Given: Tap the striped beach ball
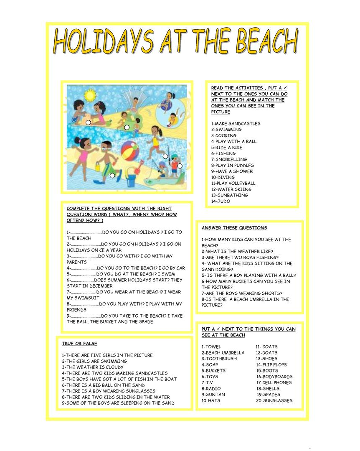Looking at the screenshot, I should coord(133,149).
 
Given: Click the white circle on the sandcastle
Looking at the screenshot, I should coord(89,122).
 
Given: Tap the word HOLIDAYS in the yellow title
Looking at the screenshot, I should coord(103,43).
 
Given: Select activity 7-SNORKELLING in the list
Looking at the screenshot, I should coord(229,159).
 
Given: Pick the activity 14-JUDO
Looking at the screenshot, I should coord(221,201).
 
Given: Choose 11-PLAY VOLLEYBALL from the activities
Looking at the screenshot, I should coord(233,183).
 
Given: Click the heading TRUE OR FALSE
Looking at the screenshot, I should coord(79,344).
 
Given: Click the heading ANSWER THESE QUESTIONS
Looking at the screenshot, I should coord(234,228).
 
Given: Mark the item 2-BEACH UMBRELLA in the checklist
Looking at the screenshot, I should coord(223,353).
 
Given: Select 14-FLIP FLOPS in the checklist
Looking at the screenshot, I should coord(271,364).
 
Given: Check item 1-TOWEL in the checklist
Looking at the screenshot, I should coord(211,347).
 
